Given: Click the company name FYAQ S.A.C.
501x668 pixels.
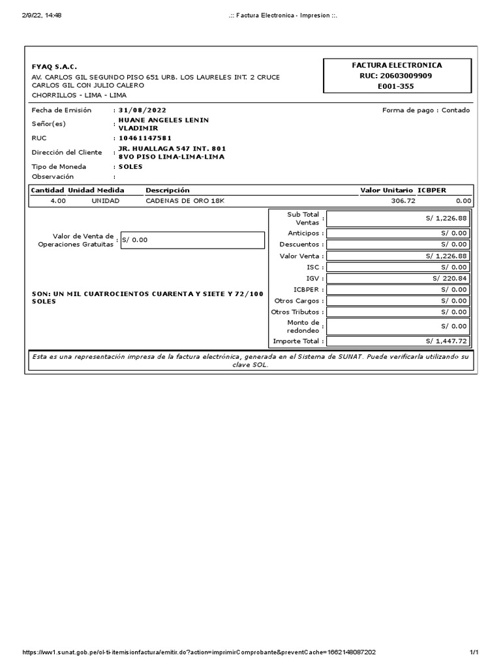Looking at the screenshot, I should (x=54, y=67).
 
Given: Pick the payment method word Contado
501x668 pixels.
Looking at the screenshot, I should (x=455, y=110).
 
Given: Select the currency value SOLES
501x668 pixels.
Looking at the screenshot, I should (x=130, y=166).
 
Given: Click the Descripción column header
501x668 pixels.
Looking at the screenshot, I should (x=168, y=190).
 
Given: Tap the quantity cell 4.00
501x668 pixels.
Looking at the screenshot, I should (x=58, y=200).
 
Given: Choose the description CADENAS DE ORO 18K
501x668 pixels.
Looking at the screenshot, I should (x=185, y=200).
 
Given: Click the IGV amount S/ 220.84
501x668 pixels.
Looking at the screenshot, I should (x=450, y=279).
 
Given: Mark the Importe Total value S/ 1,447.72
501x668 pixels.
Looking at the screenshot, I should (x=447, y=341).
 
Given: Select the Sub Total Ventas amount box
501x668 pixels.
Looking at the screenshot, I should (x=398, y=218).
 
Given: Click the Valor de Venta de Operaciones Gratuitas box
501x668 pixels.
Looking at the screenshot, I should (x=192, y=239).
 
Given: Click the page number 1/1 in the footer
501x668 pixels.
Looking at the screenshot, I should (x=474, y=652).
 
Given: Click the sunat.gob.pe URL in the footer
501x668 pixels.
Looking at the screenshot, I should (x=200, y=652).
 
